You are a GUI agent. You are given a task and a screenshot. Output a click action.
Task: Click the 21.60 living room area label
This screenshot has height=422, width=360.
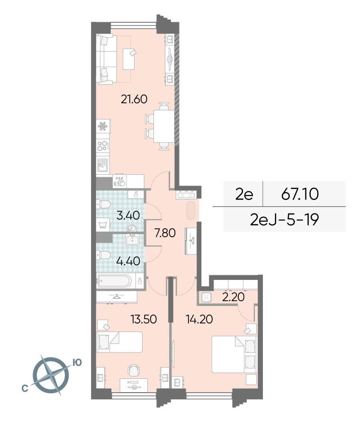point(134,99)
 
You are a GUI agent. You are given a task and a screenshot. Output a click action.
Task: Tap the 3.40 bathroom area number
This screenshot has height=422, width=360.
point(128,215)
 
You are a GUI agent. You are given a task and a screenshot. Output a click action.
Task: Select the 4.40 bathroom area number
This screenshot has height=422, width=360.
point(128,261)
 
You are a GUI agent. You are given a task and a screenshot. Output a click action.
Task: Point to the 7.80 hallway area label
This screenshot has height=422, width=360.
point(165,233)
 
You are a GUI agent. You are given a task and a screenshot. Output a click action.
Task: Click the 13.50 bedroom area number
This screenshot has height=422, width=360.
point(144,319)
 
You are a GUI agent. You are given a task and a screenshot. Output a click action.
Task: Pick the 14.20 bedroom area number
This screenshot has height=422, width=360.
point(199,319)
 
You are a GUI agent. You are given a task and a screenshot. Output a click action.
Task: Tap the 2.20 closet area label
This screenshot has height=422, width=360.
point(234,297)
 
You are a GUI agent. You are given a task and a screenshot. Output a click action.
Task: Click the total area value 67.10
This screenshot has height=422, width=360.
point(300,194)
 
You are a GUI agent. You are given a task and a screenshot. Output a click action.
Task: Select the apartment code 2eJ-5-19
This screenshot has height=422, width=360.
point(284,220)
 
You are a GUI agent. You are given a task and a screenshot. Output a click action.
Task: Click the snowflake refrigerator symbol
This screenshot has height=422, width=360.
point(103,126)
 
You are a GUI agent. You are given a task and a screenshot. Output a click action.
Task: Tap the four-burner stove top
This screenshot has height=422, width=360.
point(103,146)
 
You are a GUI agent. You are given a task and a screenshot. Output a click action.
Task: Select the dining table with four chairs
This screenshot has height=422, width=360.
point(161,126)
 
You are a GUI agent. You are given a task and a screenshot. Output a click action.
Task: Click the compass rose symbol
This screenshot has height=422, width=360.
point(51,375)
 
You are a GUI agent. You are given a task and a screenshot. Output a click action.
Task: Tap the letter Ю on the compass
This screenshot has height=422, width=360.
point(77,363)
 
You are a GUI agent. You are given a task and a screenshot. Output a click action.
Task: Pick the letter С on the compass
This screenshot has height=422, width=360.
point(25,388)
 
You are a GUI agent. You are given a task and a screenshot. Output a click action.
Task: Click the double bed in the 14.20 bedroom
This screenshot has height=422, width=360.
point(234,354)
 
